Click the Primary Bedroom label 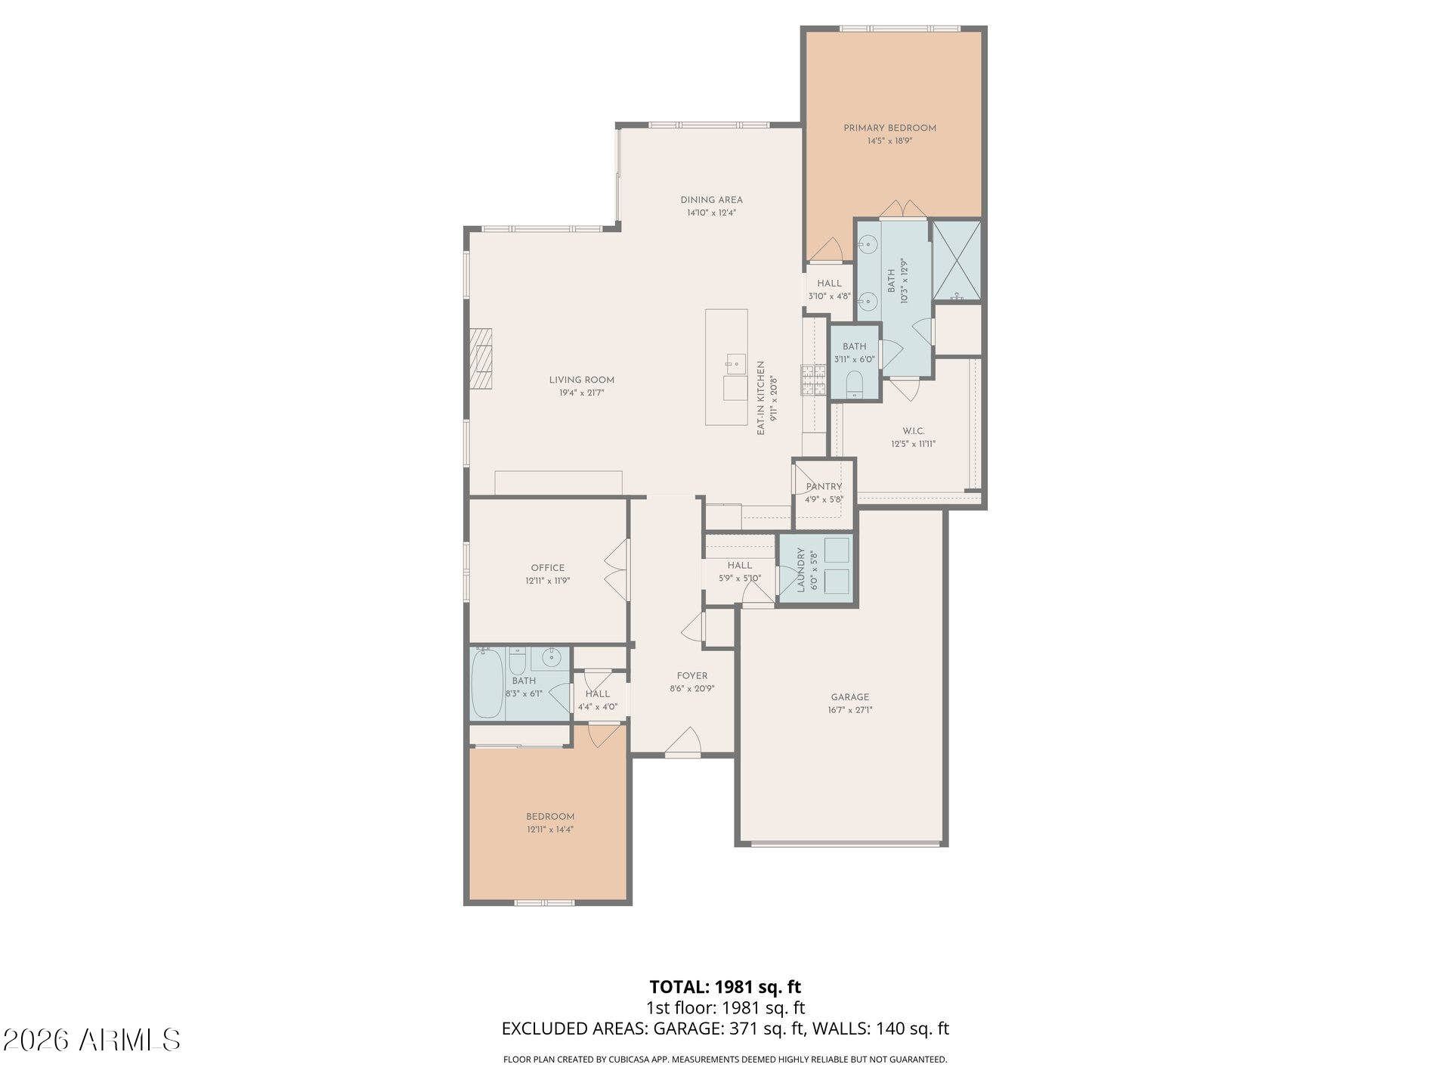click(x=889, y=129)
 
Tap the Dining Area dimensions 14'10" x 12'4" click(x=711, y=213)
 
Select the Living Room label click(x=581, y=380)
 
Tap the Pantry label click(x=824, y=487)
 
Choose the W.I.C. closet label click(x=913, y=431)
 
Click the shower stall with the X click(x=957, y=261)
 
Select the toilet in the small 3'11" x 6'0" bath click(x=855, y=383)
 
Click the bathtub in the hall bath click(x=487, y=684)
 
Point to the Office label click(x=548, y=568)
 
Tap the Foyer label click(x=692, y=676)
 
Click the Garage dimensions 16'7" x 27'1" click(x=850, y=710)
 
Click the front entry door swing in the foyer click(x=684, y=741)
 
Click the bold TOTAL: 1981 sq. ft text click(x=725, y=987)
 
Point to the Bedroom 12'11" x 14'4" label click(x=550, y=823)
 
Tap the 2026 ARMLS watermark click(x=91, y=1041)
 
